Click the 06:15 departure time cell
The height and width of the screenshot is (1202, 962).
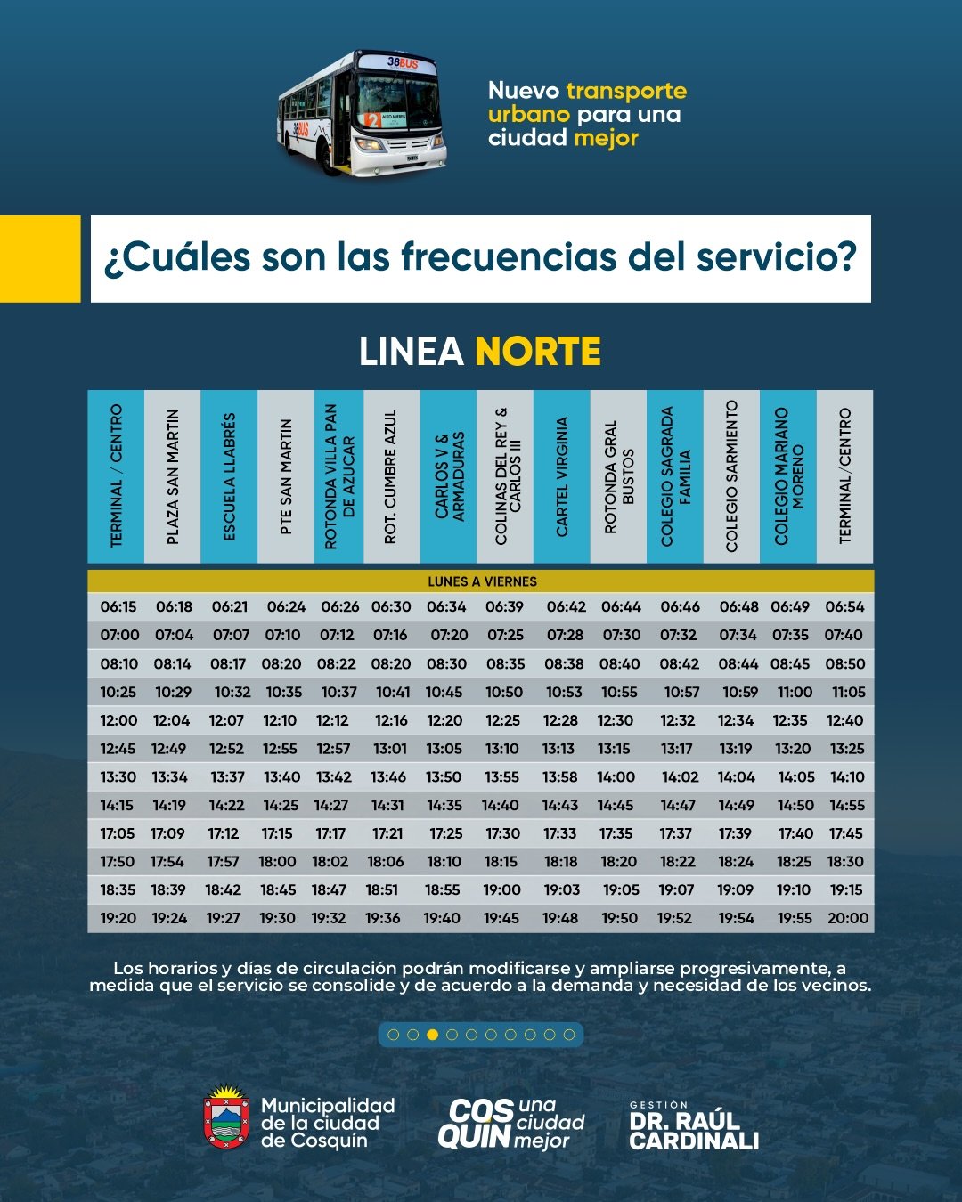pos(118,607)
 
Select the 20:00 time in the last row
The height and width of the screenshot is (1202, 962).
pos(848,918)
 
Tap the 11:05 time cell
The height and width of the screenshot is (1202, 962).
pos(849,692)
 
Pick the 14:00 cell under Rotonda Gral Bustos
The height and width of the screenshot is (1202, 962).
pos(616,777)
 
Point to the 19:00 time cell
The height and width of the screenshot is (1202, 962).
pos(502,889)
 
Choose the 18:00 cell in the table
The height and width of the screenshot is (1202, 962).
pos(278,862)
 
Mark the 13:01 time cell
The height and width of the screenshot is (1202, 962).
pos(389,749)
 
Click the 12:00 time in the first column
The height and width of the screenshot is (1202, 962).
pos(118,720)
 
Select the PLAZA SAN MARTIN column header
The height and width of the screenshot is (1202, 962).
pos(173,477)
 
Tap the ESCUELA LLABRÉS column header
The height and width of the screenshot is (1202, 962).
pos(229,477)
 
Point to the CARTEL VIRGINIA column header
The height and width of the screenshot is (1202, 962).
pos(561,477)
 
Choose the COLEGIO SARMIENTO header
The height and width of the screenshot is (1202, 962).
pos(731,477)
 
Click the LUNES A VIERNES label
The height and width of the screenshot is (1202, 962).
pos(482,581)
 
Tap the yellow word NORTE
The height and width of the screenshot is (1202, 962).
pos(538,352)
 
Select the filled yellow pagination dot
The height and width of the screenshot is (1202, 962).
pos(432,1035)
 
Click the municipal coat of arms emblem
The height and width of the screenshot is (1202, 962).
pos(226,1117)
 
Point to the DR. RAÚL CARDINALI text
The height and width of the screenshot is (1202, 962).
pos(693,1131)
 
